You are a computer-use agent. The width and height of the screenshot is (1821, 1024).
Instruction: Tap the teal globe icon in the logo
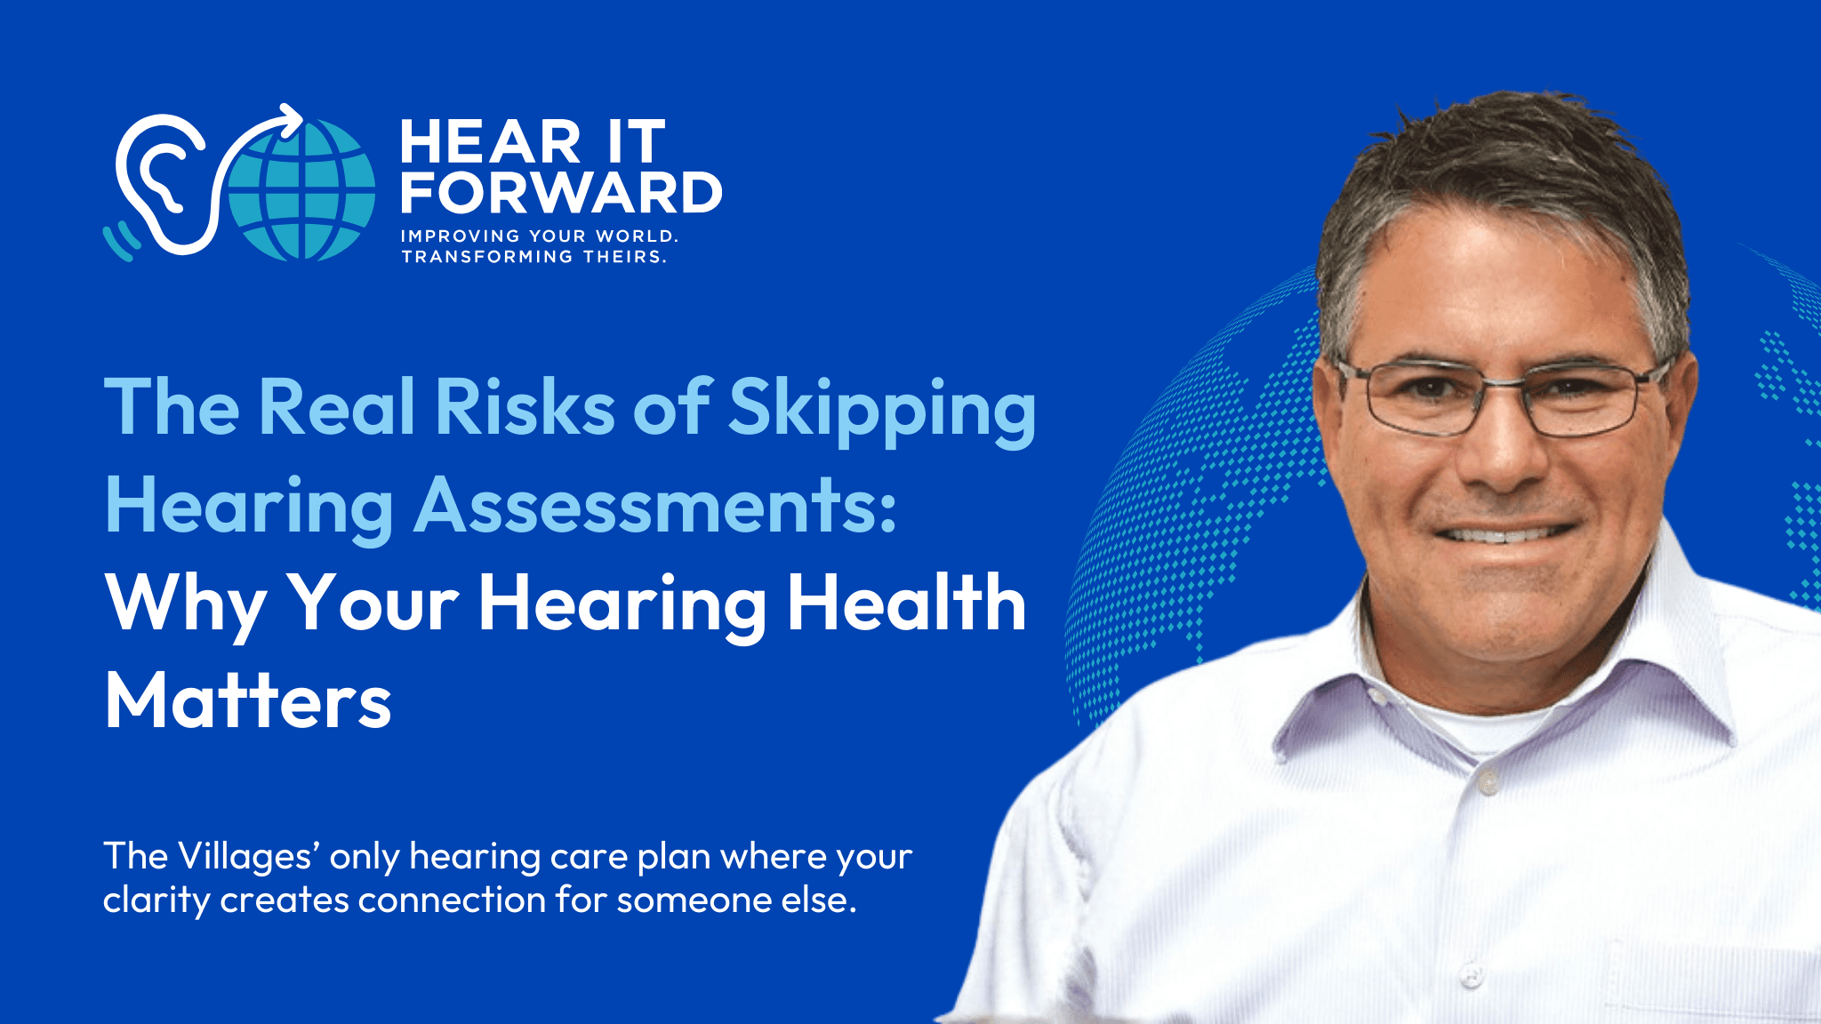click(302, 188)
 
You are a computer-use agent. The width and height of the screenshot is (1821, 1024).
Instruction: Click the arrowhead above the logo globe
click(290, 120)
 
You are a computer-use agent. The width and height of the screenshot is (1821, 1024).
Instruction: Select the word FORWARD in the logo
click(561, 192)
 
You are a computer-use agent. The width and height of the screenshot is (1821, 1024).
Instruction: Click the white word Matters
click(248, 701)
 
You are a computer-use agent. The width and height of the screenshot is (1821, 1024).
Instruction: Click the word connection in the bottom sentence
click(453, 900)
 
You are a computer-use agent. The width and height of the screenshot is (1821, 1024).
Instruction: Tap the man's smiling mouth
click(1503, 533)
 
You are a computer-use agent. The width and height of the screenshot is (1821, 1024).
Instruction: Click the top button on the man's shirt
click(1488, 783)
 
